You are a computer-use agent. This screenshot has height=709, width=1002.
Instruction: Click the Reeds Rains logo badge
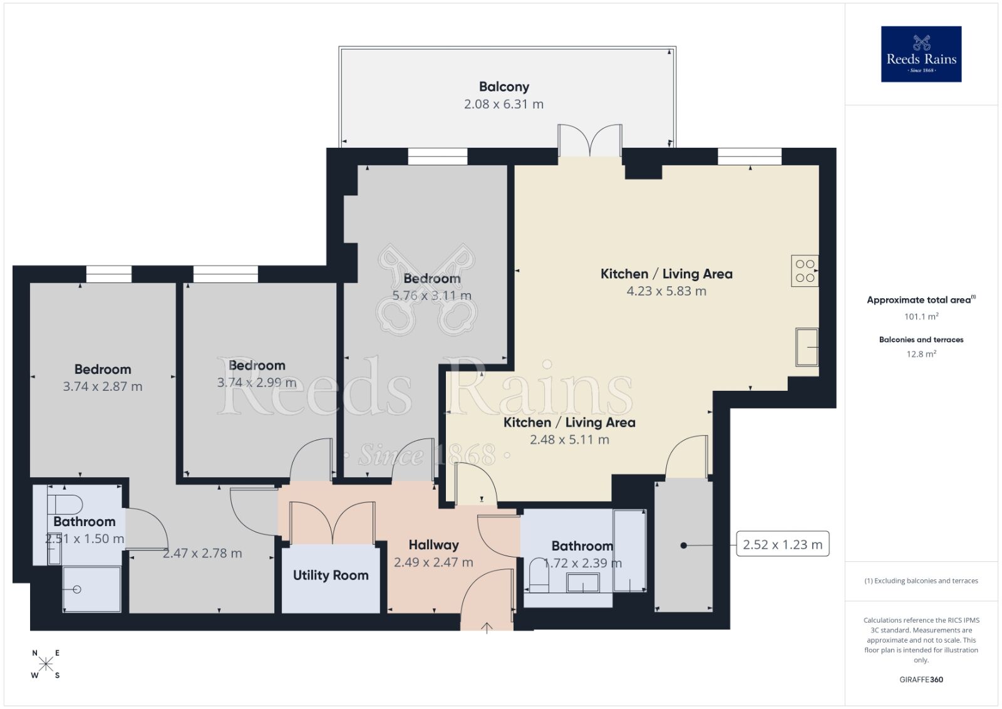(921, 54)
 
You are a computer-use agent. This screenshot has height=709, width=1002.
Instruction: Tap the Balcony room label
(504, 87)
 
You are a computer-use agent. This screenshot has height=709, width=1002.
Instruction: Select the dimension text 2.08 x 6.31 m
(504, 105)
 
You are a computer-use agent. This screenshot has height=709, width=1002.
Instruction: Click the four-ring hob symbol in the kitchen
(805, 271)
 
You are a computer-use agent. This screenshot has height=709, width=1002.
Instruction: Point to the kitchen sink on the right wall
(807, 346)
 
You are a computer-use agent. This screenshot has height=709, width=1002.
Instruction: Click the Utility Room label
(331, 575)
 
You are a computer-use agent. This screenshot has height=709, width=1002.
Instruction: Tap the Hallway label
(433, 545)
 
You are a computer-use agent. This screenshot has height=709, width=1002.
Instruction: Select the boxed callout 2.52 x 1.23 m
(782, 545)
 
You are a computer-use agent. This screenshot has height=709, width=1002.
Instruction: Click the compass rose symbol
(46, 664)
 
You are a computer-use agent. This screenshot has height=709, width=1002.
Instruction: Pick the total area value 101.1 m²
(921, 316)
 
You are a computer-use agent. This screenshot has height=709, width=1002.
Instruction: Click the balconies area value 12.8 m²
(921, 354)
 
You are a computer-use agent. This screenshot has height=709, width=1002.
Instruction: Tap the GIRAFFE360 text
(921, 680)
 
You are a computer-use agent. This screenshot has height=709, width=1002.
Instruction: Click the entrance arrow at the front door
(487, 628)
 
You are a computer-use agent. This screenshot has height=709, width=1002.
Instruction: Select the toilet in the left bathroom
(66, 504)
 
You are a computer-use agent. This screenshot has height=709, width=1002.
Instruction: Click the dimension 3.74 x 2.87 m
(103, 387)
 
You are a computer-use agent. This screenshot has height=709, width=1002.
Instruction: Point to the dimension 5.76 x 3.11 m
(431, 296)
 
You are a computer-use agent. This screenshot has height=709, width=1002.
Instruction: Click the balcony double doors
(590, 141)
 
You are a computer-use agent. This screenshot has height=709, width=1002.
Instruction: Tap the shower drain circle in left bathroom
(77, 589)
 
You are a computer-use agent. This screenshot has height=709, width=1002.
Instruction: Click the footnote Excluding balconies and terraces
(921, 581)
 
